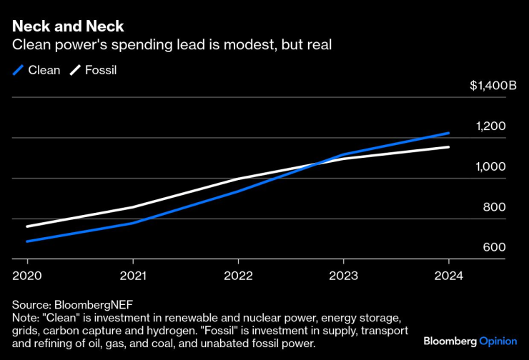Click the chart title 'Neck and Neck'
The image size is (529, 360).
tap(68, 26)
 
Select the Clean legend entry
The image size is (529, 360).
tap(36, 70)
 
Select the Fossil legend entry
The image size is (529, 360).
tap(94, 70)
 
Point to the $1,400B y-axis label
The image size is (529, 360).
tap(493, 86)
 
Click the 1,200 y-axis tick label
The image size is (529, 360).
tap(491, 126)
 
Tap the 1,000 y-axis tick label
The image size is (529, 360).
tap(491, 166)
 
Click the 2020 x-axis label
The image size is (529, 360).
tap(26, 276)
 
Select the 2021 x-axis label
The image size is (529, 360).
tap(132, 276)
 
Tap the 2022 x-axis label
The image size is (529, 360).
tap(237, 276)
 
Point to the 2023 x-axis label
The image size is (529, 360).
tap(343, 276)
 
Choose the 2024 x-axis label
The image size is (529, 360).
tap(448, 276)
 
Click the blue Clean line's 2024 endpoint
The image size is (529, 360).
tap(448, 133)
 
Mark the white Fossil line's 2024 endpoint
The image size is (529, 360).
tap(448, 147)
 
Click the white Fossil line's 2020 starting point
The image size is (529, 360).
tap(27, 226)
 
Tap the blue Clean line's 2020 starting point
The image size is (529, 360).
tap(27, 241)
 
